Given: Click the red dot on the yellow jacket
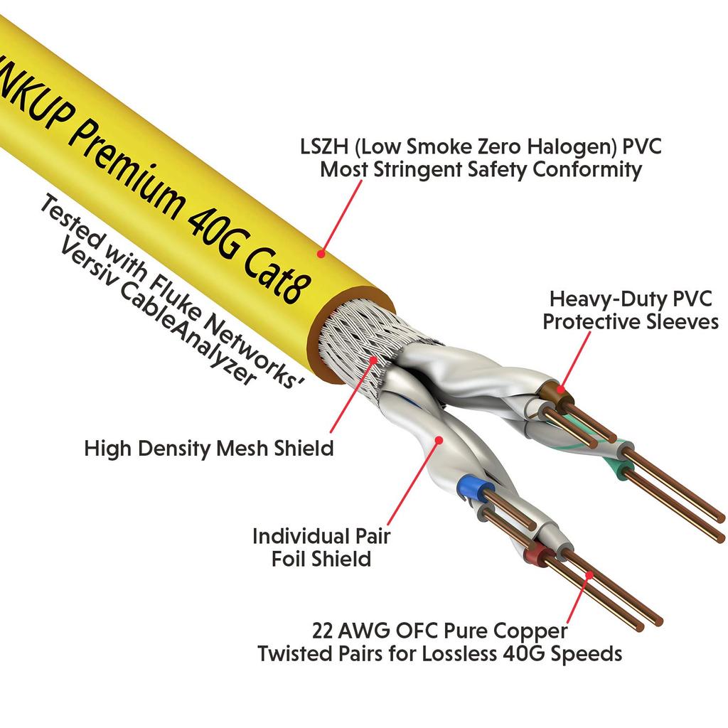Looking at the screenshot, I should (x=321, y=252).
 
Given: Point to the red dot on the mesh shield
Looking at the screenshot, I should (x=375, y=360).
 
